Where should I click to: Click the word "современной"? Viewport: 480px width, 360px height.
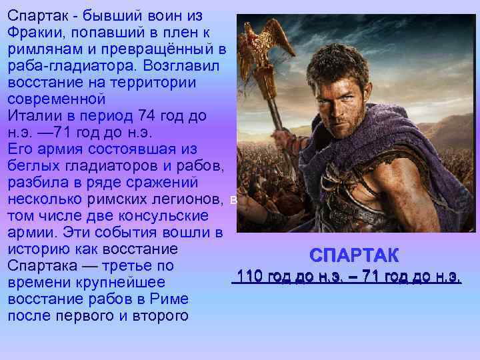click(x=57, y=99)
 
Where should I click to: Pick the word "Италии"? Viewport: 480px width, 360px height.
click(x=30, y=115)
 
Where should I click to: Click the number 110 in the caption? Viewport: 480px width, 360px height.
click(x=249, y=275)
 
